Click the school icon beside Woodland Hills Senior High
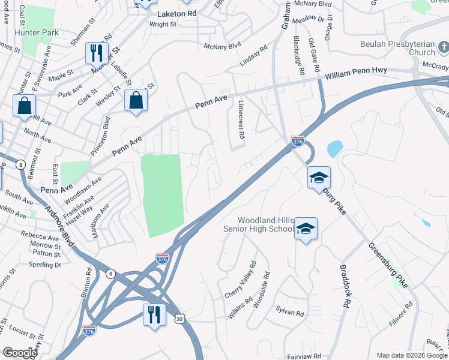[306, 229]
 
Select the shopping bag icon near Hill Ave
[25, 106]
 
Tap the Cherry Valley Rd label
[240, 280]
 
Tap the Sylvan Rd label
[291, 313]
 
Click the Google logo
[20, 353]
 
